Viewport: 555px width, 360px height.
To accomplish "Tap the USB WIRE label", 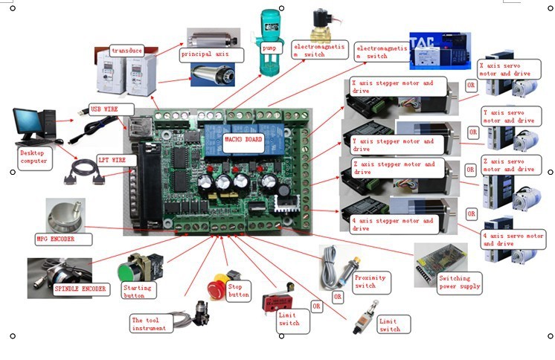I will tap(105, 108).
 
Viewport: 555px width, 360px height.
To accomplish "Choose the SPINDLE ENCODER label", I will tap(80, 289).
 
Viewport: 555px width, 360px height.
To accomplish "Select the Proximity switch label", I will tap(371, 280).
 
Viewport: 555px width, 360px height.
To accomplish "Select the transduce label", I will tap(126, 51).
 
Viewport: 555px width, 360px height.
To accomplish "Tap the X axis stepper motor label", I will tap(397, 88).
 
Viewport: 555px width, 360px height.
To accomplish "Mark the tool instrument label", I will tap(152, 323).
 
